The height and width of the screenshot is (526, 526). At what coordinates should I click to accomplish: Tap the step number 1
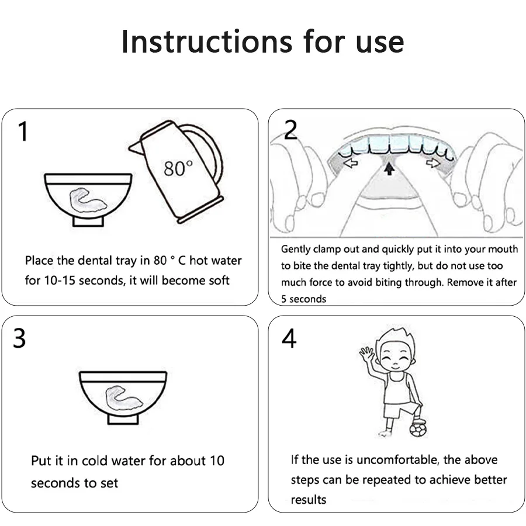click(23, 131)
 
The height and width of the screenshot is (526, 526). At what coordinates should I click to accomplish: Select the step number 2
click(290, 130)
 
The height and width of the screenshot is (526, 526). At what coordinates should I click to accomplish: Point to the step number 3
click(19, 338)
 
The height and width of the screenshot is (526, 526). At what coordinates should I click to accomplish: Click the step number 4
click(289, 338)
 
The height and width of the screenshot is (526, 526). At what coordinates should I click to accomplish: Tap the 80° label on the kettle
click(178, 168)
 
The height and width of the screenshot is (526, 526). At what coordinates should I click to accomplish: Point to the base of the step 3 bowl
click(123, 419)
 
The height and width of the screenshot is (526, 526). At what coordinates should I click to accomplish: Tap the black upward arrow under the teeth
click(389, 168)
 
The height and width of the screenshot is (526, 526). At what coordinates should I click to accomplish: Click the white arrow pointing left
click(351, 164)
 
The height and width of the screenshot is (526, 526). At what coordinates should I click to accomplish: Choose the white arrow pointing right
click(433, 163)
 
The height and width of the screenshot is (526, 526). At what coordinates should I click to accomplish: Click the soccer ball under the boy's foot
click(418, 430)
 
